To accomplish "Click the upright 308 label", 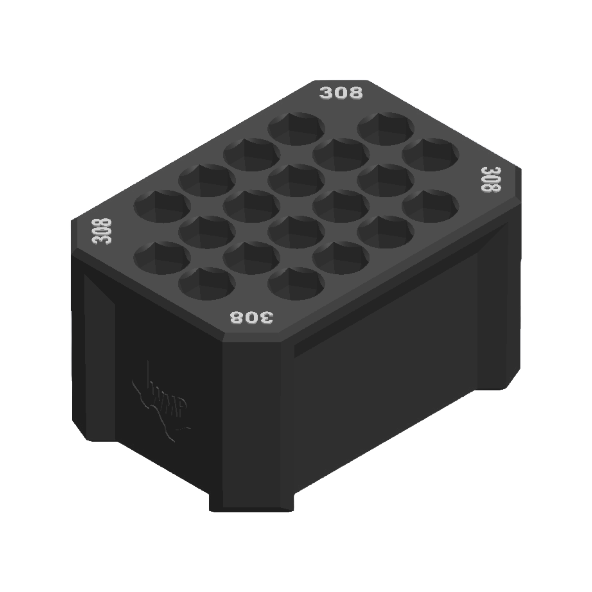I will click(x=341, y=92).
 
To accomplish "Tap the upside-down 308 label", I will click(x=251, y=318).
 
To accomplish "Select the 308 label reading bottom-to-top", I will click(x=102, y=231).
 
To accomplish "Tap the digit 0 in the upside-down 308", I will click(x=251, y=318).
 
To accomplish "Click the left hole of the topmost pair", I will click(x=296, y=129).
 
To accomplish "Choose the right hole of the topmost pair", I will click(x=385, y=129).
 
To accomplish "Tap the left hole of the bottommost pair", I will click(x=207, y=284).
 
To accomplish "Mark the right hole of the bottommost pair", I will click(x=296, y=284).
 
